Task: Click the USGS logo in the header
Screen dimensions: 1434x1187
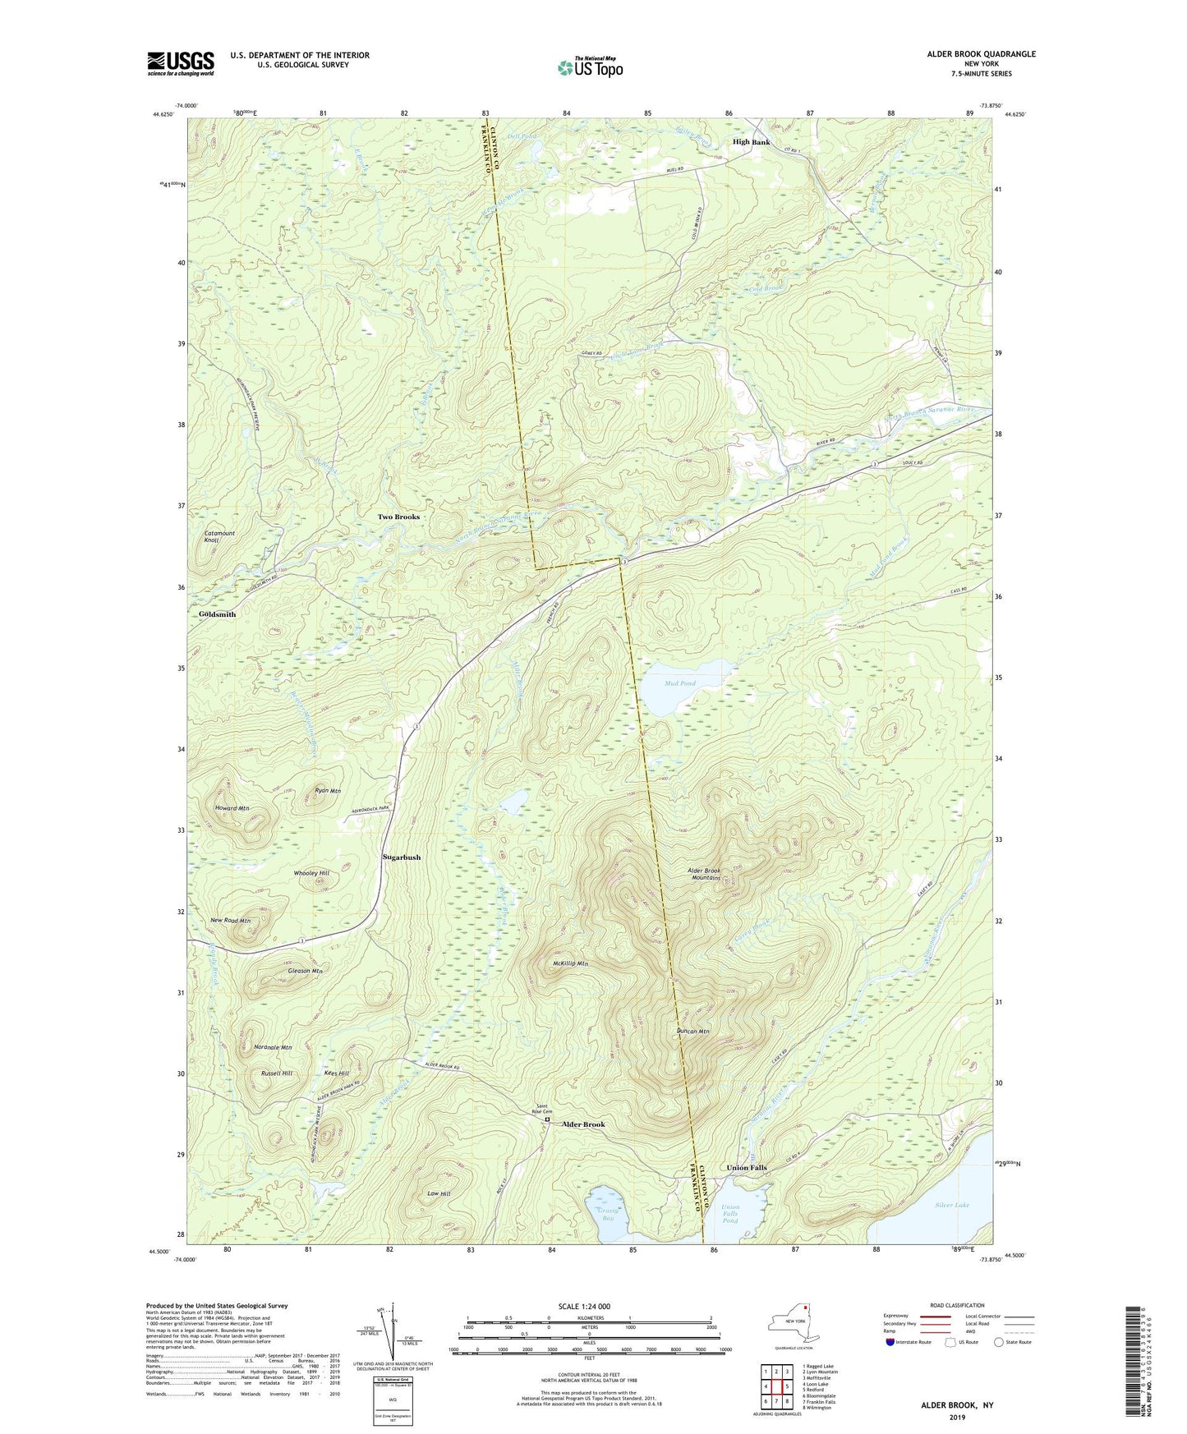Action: click(x=181, y=63)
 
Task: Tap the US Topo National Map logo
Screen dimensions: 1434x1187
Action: click(x=590, y=67)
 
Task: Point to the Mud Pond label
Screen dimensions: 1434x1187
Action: click(x=680, y=683)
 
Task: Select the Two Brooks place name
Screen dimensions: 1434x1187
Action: click(x=398, y=517)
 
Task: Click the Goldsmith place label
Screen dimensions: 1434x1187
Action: click(x=217, y=614)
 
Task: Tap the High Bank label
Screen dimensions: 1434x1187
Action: click(x=751, y=142)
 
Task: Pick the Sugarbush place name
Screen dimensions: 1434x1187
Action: click(x=402, y=857)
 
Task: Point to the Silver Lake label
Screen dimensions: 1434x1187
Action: click(x=951, y=1205)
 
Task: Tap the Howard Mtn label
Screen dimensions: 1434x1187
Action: click(x=232, y=808)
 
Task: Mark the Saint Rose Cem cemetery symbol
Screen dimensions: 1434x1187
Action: click(x=547, y=1119)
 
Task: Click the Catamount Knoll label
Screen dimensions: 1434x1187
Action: click(x=219, y=536)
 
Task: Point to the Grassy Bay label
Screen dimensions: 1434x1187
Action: click(x=608, y=1214)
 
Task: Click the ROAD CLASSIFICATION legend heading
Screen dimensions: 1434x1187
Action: click(x=958, y=1305)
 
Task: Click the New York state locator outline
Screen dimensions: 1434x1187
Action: click(x=792, y=1323)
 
